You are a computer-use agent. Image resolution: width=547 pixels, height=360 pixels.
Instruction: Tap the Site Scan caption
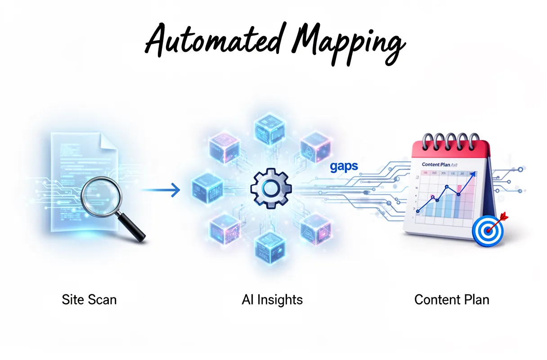click(x=89, y=300)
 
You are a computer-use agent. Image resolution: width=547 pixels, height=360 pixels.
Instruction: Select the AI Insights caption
click(x=272, y=300)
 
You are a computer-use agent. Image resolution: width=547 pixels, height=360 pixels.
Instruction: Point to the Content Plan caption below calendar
click(x=452, y=300)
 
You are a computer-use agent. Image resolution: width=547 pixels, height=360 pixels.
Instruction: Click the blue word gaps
click(x=344, y=166)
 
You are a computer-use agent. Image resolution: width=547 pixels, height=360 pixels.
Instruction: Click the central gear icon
click(x=270, y=189)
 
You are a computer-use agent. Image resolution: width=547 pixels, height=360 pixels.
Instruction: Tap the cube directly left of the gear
click(x=208, y=186)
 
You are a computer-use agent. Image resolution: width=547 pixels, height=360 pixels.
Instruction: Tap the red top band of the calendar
click(x=450, y=148)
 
